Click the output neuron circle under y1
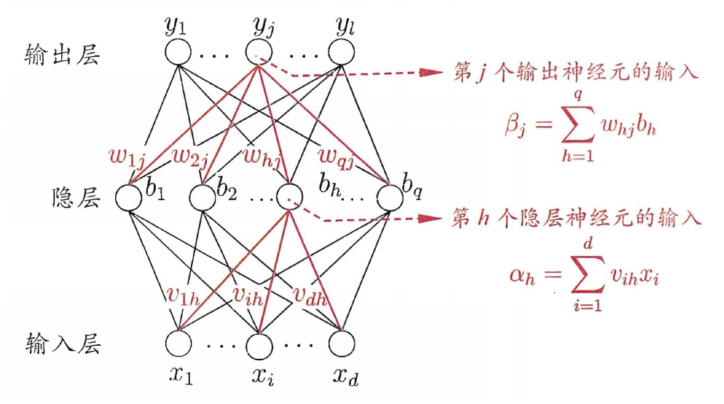point(178,52)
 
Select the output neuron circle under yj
point(259,52)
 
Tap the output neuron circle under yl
point(341,52)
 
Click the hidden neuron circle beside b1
point(128,197)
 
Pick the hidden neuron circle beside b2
point(202,197)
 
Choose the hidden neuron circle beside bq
point(390,197)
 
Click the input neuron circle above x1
point(178,344)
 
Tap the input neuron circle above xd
point(342,344)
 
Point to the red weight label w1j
point(127,159)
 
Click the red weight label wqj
point(337,157)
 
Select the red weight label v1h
point(183,296)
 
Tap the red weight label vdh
point(310,297)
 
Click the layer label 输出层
point(63,55)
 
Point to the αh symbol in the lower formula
point(522,276)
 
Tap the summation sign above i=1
point(587,274)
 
